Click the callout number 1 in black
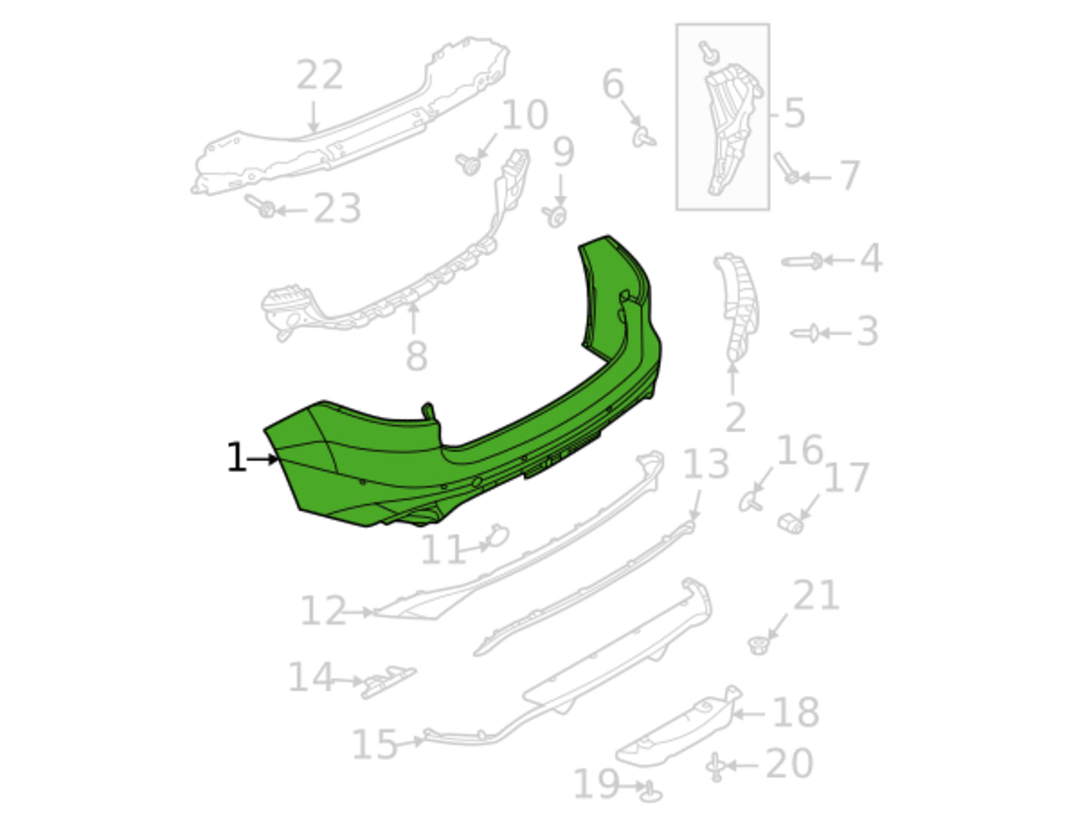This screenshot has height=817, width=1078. tap(236, 457)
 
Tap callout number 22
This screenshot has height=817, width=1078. tap(319, 75)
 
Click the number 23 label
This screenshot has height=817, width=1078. tap(337, 208)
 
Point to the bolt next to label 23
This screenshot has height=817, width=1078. tap(260, 206)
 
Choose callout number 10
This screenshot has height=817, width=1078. tap(524, 114)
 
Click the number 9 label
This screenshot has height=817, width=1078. tap(563, 152)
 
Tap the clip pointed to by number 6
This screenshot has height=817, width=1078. tap(643, 138)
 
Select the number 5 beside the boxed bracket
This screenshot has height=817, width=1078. tap(794, 113)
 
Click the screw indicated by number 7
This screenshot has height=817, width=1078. tap(786, 169)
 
